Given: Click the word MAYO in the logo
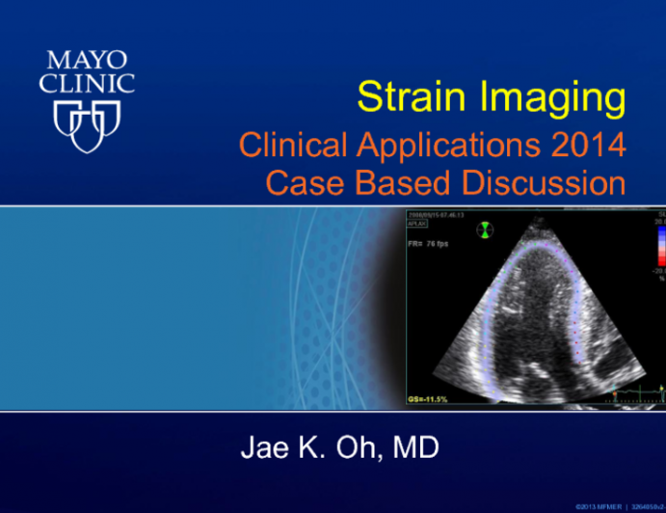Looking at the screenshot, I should (x=86, y=56).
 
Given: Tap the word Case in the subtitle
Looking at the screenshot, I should (x=300, y=182).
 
